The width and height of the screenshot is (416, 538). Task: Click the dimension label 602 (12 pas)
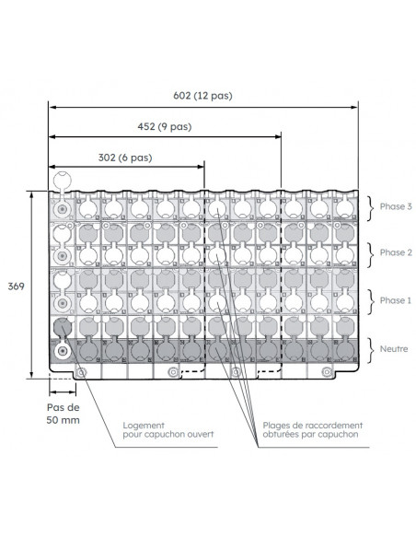[202, 96]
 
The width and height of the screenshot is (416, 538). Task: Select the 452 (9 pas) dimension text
[165, 126]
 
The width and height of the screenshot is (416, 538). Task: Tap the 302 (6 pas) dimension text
[125, 158]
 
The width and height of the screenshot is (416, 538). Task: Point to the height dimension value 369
[16, 287]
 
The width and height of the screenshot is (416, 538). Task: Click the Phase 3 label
[396, 206]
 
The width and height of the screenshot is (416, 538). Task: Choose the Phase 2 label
[396, 252]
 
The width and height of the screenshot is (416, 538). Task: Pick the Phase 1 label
[396, 300]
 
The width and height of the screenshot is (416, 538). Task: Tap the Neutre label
[394, 349]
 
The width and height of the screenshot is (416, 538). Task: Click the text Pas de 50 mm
[64, 414]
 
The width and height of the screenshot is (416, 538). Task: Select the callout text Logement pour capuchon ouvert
[168, 430]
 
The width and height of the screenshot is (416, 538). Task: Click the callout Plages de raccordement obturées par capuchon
[313, 430]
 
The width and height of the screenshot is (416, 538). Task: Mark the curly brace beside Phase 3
[370, 208]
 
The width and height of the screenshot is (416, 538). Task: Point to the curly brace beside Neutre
[370, 350]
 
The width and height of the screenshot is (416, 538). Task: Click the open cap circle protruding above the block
[63, 181]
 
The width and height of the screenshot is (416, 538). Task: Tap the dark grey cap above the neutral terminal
[63, 327]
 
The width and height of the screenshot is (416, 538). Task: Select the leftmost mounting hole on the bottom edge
[81, 372]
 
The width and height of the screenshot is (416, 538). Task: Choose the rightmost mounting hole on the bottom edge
[328, 371]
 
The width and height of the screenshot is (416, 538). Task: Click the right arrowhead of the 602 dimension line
[354, 108]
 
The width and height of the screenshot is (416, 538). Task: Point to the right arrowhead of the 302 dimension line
[201, 167]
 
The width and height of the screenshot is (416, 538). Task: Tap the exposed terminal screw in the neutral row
[63, 351]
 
